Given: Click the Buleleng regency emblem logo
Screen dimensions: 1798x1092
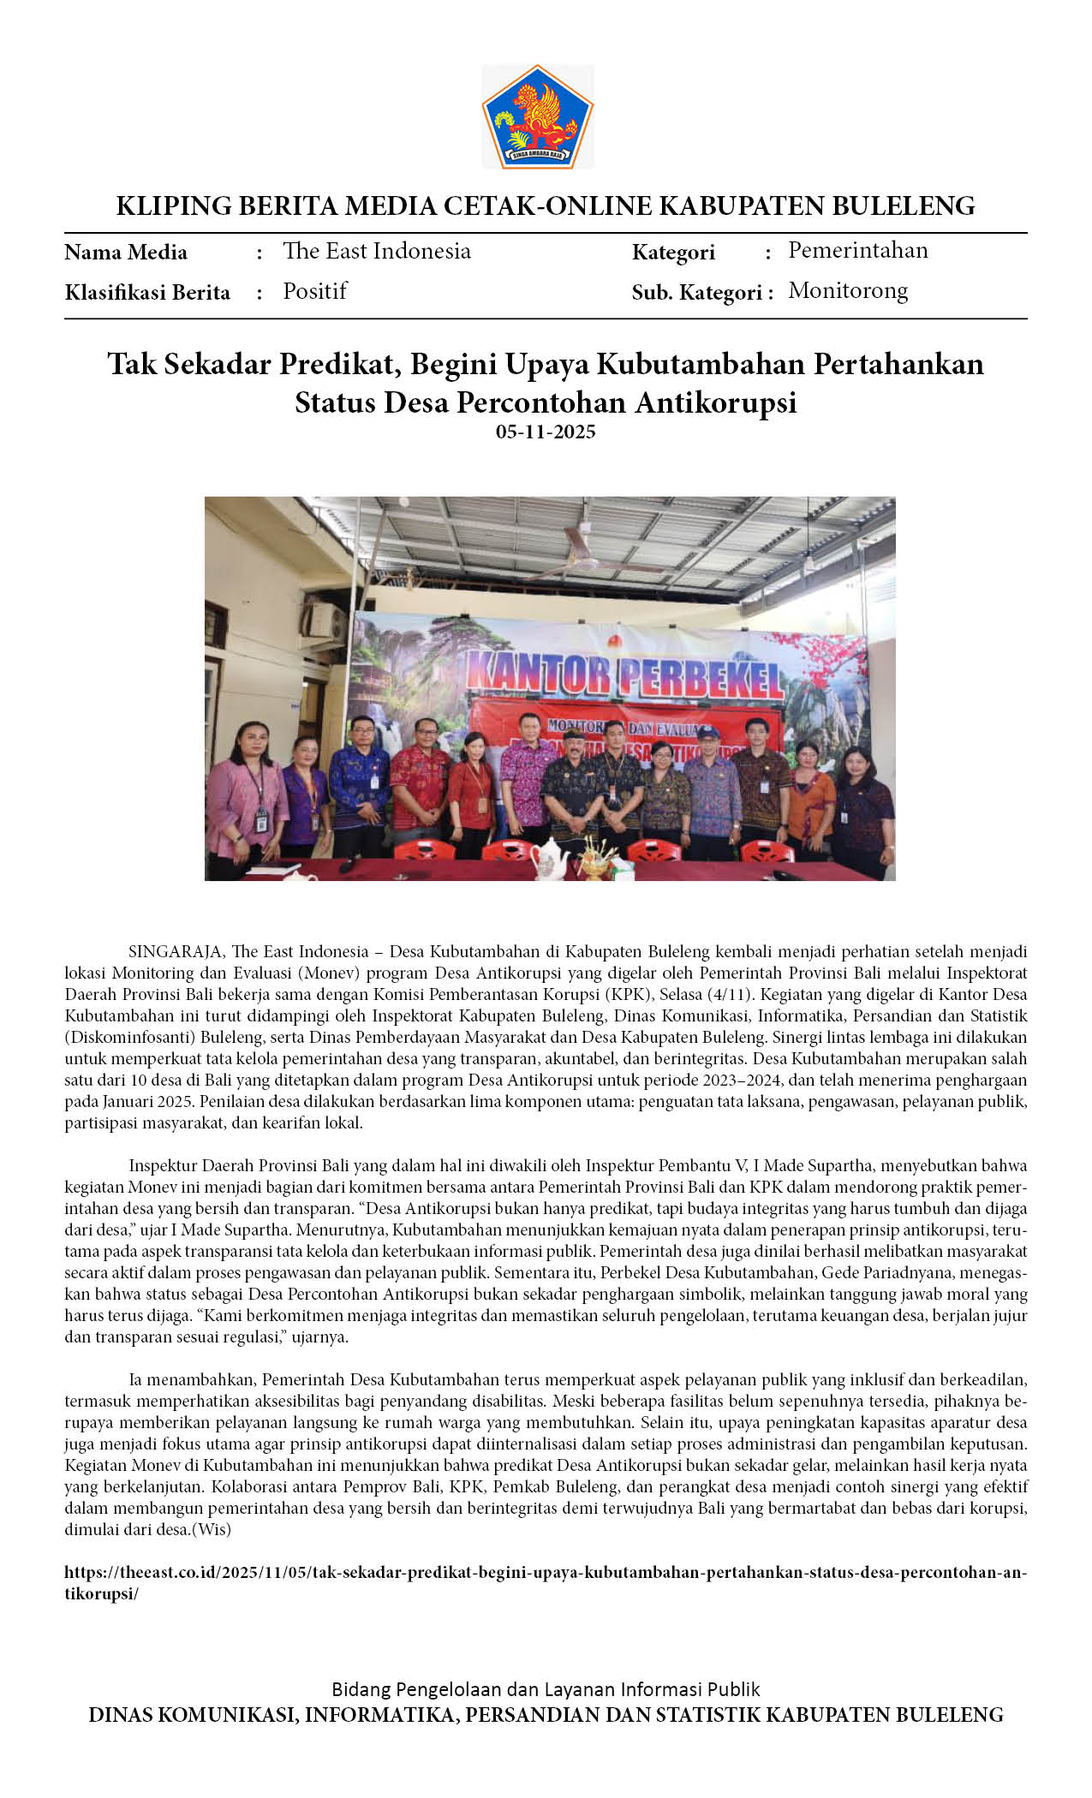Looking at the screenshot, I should (x=538, y=116).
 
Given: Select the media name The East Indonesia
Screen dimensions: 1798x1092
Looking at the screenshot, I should (x=377, y=251).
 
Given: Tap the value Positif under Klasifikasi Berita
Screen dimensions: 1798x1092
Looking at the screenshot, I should (x=315, y=291).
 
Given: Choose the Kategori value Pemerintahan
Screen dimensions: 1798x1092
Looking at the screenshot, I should (x=857, y=250).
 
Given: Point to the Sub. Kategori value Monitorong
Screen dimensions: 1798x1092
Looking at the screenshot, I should (x=848, y=291).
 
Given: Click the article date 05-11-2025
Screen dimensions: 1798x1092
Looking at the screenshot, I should (x=546, y=432).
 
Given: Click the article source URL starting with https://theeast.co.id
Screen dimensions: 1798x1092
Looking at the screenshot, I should (x=546, y=1573).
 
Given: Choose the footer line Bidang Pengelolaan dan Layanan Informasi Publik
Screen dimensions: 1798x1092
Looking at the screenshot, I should (x=546, y=1689).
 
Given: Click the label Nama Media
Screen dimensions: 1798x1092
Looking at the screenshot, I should (x=126, y=253).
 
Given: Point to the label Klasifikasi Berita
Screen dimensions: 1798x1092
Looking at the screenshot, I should (x=147, y=293).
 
